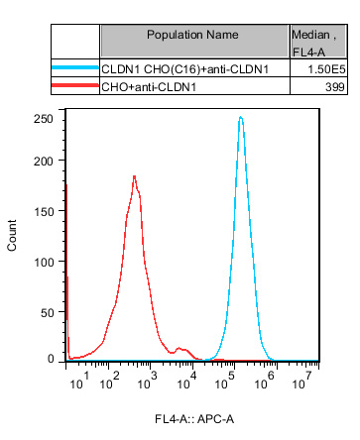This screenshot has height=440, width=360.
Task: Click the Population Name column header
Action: pos(193,35)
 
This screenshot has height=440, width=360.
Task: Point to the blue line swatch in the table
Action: pos(73,69)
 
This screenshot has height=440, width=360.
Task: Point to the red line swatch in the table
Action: pos(73,88)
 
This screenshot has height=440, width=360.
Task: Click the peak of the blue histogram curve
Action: pos(240,118)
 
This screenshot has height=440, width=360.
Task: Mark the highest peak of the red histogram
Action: pos(134,176)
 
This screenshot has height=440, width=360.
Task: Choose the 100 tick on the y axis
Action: pos(43,264)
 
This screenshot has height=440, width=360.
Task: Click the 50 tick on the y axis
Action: pos(46,312)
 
